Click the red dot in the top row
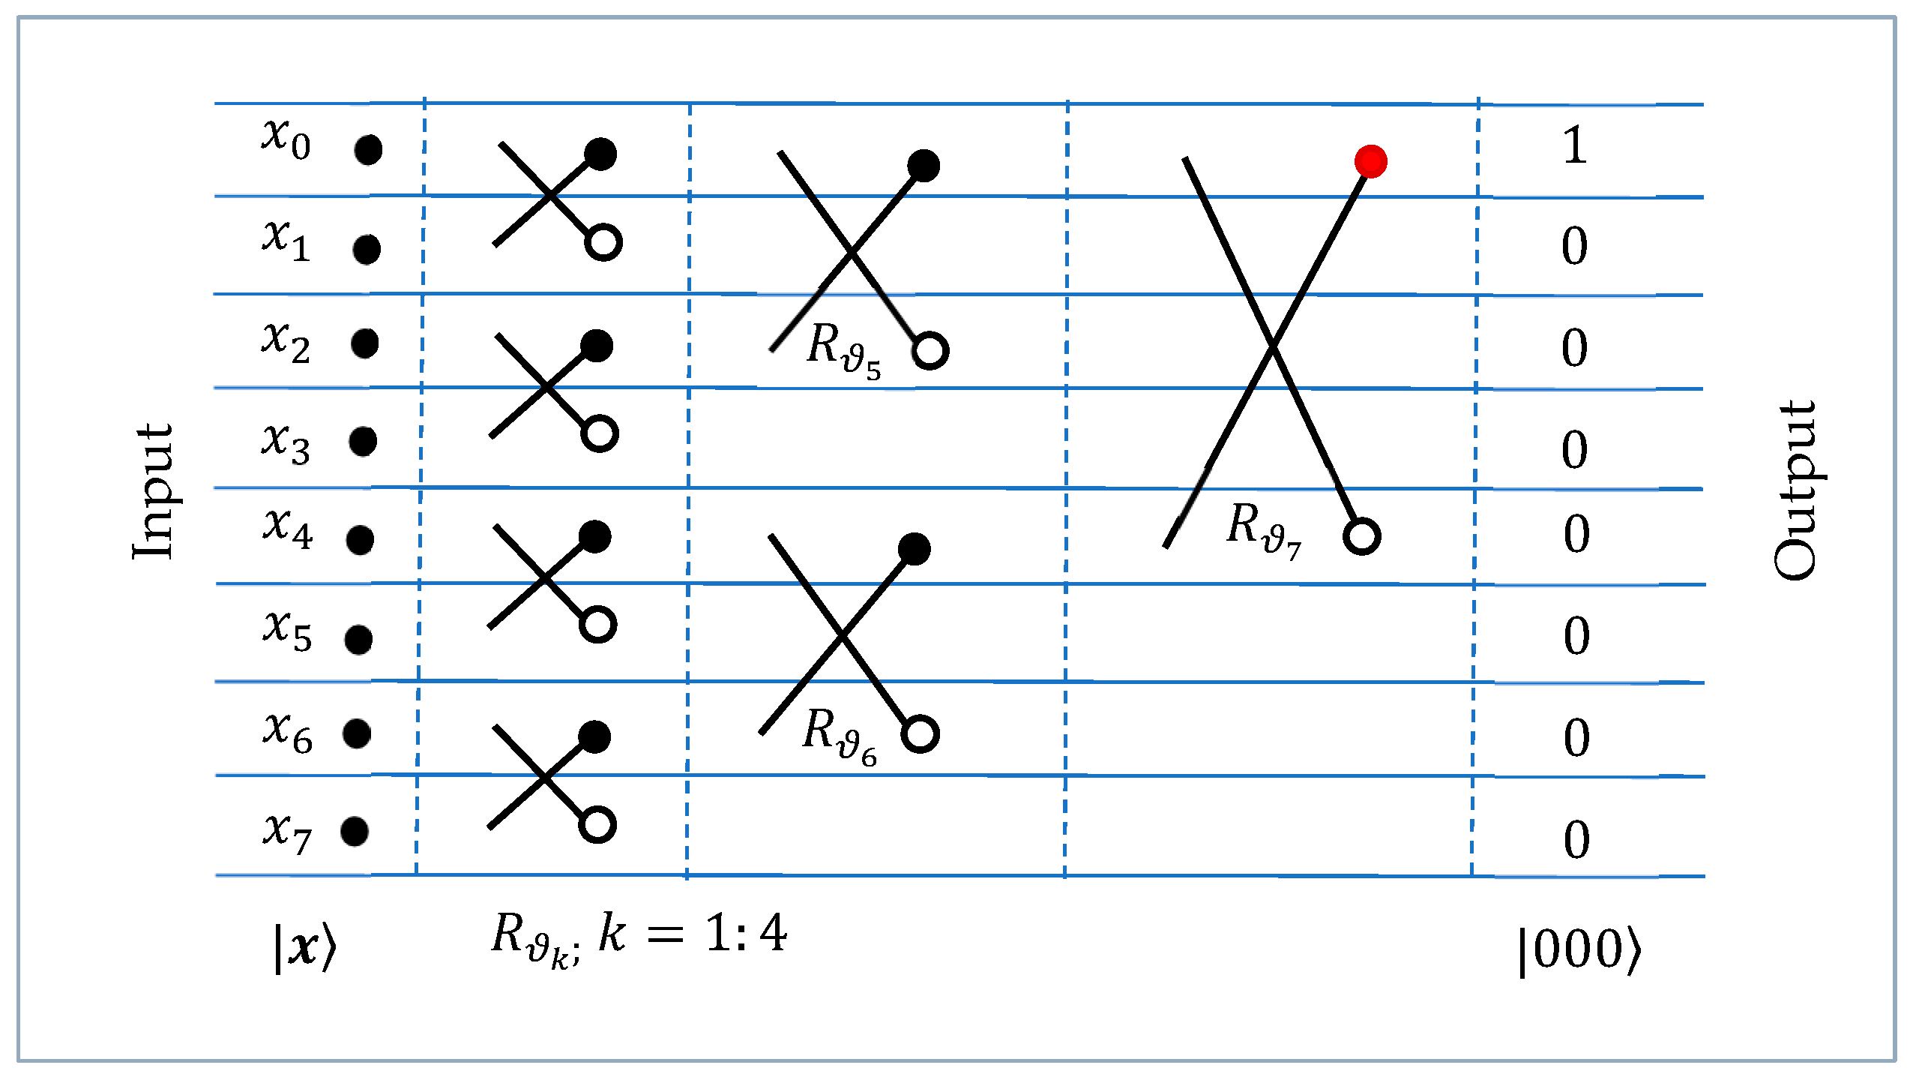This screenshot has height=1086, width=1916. pos(1370,161)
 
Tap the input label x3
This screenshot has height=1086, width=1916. pos(286,443)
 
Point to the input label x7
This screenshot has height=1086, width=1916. pos(286,832)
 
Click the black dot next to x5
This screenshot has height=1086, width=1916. pos(358,640)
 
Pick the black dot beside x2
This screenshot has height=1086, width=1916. pos(364,343)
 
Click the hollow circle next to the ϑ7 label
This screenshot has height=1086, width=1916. pos(1361,536)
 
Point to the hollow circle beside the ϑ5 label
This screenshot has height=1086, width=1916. pos(930,351)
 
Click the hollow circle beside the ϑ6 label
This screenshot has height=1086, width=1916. pos(920,733)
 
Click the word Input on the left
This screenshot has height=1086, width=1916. pos(153,491)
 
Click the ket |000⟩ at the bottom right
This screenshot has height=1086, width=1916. pos(1579,950)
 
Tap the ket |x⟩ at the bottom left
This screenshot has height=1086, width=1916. pos(304,949)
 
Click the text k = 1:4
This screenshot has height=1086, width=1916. pos(693,934)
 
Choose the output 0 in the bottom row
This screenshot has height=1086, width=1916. pos(1576,840)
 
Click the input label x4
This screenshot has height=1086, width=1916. pos(287,528)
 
